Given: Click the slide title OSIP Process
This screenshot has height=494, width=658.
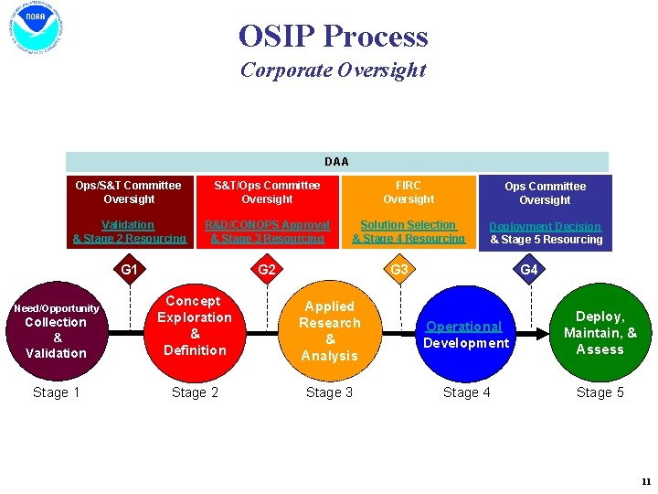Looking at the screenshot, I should pyautogui.click(x=333, y=37).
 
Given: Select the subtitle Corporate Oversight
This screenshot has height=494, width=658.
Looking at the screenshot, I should pyautogui.click(x=333, y=70).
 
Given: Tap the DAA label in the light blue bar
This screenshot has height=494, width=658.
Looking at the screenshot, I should pyautogui.click(x=336, y=162).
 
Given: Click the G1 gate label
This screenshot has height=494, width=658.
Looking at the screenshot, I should pyautogui.click(x=130, y=270).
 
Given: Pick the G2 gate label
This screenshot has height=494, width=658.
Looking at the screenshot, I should pyautogui.click(x=267, y=270).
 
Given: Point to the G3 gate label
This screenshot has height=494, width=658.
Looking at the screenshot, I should pyautogui.click(x=399, y=270).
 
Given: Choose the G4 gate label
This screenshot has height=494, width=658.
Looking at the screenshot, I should pyautogui.click(x=529, y=270).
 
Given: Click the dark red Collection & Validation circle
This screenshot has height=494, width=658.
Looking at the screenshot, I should pyautogui.click(x=57, y=330).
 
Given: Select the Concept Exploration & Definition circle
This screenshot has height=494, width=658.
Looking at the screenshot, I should pyautogui.click(x=195, y=327).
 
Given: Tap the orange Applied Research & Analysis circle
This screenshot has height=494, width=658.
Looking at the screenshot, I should pyautogui.click(x=330, y=331).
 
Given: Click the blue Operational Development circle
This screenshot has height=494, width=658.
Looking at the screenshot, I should pyautogui.click(x=465, y=334).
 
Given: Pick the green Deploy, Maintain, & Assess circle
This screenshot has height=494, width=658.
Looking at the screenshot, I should pyautogui.click(x=600, y=333).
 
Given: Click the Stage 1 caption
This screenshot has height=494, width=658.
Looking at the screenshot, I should pyautogui.click(x=57, y=392).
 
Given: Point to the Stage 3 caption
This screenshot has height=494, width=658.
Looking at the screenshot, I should pyautogui.click(x=329, y=392).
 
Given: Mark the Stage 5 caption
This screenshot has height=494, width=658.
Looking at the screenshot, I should pyautogui.click(x=600, y=392).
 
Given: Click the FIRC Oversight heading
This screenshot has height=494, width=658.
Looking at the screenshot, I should pyautogui.click(x=409, y=192).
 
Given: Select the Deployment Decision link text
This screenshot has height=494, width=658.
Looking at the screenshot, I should pyautogui.click(x=545, y=226).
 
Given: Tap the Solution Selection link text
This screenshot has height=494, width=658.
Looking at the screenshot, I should pyautogui.click(x=409, y=225).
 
